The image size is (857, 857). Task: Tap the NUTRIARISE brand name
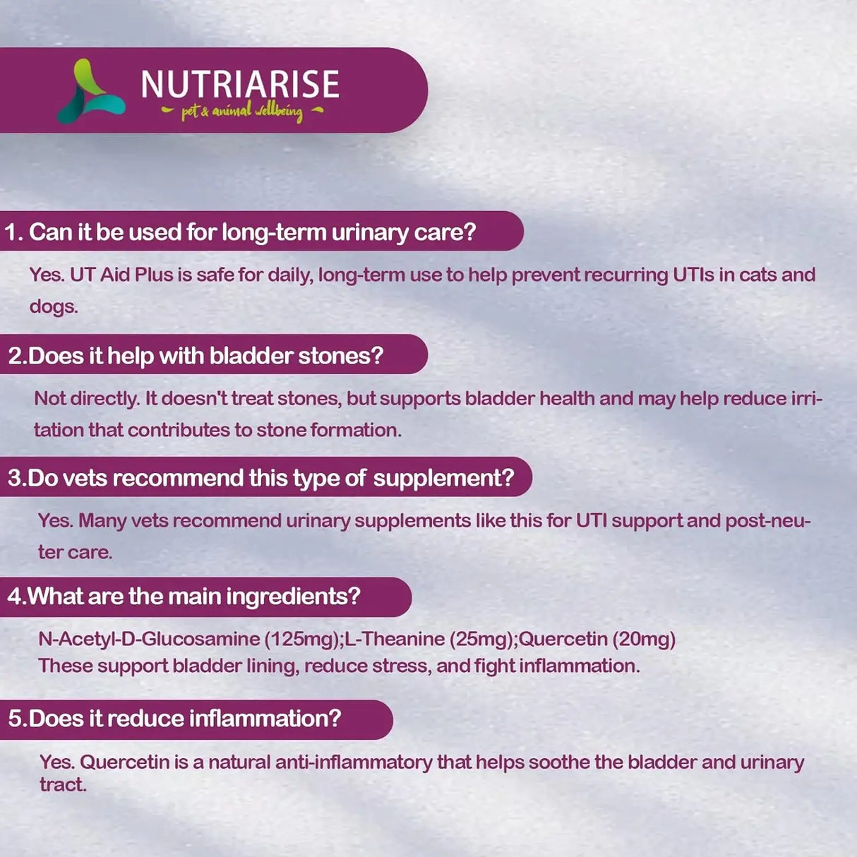click(240, 85)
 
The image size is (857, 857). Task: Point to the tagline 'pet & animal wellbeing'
click(242, 112)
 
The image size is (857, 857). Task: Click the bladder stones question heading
click(196, 355)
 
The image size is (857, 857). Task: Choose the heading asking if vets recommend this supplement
click(260, 478)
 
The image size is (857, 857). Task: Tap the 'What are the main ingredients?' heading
click(184, 597)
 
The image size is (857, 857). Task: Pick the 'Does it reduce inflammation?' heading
click(174, 719)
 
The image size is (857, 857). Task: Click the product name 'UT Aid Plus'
click(121, 275)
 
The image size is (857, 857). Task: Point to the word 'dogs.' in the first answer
click(54, 306)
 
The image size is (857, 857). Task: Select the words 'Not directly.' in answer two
click(87, 398)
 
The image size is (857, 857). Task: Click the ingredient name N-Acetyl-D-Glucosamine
click(149, 639)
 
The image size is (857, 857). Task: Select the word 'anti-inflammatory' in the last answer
click(353, 762)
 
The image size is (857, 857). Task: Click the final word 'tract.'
click(63, 785)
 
